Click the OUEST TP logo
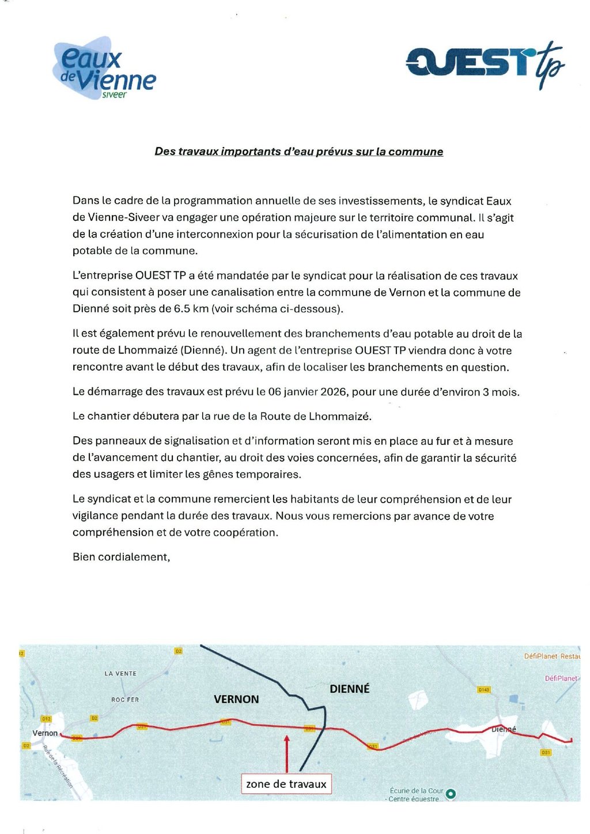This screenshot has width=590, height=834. click(x=484, y=63)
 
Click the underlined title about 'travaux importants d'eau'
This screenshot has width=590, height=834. click(x=298, y=152)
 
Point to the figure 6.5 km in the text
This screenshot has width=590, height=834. click(x=191, y=309)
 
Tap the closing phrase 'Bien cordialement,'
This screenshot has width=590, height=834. click(x=121, y=557)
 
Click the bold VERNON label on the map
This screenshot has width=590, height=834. click(x=236, y=699)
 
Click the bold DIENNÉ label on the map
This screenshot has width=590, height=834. click(x=349, y=689)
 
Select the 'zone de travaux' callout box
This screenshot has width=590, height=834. click(x=286, y=784)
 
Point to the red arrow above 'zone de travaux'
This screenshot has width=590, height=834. click(x=286, y=752)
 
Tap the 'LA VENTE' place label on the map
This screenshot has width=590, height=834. click(x=120, y=673)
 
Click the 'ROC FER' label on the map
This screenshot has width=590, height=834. click(x=125, y=700)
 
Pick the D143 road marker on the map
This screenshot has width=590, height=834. click(x=483, y=689)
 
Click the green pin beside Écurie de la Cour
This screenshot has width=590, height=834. click(x=451, y=794)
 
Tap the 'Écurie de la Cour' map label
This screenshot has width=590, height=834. click(x=416, y=791)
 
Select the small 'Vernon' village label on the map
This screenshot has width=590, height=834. click(x=45, y=733)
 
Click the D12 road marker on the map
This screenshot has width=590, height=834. click(x=46, y=719)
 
